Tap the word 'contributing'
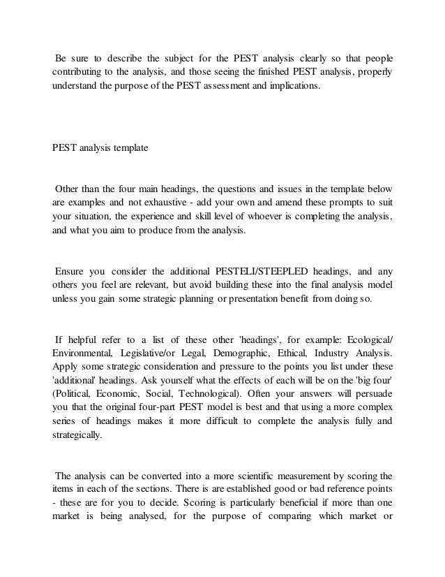click(x=77, y=73)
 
